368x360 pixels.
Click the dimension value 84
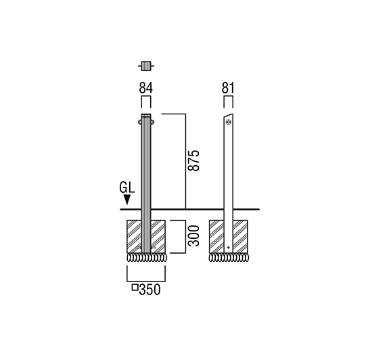[x=145, y=88]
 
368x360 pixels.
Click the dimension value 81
[x=228, y=88]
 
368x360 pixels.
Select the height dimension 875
[x=193, y=160]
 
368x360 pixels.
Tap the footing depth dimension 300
[x=193, y=235]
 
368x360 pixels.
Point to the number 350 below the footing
[x=149, y=290]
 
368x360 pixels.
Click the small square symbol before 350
[x=135, y=287]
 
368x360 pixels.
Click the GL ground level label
[x=127, y=188]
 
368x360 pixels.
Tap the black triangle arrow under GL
[x=127, y=200]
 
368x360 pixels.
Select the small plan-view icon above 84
[x=146, y=66]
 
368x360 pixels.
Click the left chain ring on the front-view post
[x=139, y=122]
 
